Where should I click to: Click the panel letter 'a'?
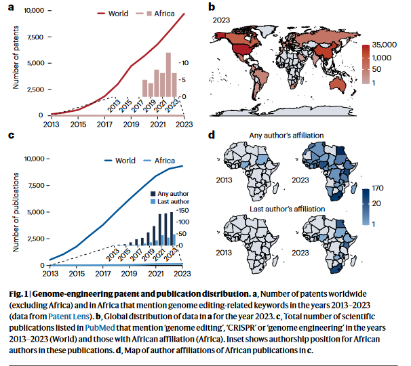pos(10,9)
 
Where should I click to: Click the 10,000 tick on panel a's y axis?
pos(32,12)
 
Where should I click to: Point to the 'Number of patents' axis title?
pos(16,62)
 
